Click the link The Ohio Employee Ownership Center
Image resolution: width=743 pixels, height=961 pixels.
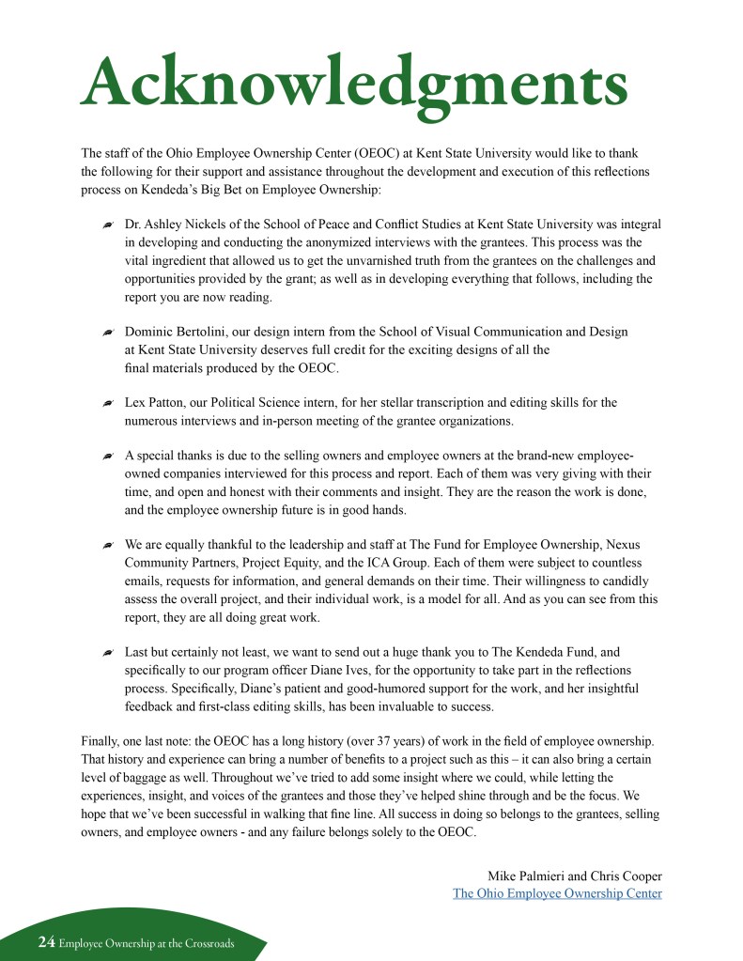557,893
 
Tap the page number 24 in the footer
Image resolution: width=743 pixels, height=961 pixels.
46,942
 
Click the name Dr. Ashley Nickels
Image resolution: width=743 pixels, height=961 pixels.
177,225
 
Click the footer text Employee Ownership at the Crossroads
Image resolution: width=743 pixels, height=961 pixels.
147,943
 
